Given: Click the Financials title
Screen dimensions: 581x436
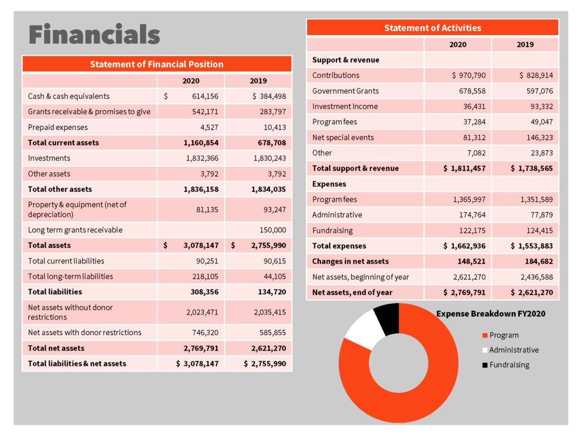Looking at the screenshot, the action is (x=94, y=34).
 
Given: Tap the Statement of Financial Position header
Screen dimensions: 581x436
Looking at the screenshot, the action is (x=157, y=64).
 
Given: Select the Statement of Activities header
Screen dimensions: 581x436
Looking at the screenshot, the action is (x=432, y=28).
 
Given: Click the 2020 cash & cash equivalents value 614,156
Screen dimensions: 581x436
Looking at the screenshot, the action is (x=205, y=97).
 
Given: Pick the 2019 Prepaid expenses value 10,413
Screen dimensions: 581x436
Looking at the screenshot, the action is (x=275, y=128).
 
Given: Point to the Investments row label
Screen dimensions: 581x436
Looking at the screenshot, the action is (x=49, y=158).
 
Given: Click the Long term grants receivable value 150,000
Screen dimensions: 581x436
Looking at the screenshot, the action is (x=273, y=230).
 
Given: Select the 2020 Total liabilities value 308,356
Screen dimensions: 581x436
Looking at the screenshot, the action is (x=204, y=292).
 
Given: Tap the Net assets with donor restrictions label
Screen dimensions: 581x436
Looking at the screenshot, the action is (x=85, y=333).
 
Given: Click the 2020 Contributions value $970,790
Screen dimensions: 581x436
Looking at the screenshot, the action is (x=469, y=76).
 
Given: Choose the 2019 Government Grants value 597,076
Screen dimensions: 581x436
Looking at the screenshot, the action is (x=540, y=91).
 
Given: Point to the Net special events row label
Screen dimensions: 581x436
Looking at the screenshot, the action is (x=343, y=137).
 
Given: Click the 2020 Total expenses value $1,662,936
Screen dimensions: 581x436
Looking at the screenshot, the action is (x=464, y=246).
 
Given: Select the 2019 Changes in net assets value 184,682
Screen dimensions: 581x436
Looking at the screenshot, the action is (x=539, y=261).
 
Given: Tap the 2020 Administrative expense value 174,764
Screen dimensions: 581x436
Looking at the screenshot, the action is (x=472, y=215).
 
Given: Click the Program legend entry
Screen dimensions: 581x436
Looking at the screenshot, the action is (x=500, y=335).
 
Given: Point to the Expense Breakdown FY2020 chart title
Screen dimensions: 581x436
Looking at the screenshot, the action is (x=491, y=313).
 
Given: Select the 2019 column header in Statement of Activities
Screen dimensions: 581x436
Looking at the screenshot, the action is (x=525, y=44).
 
